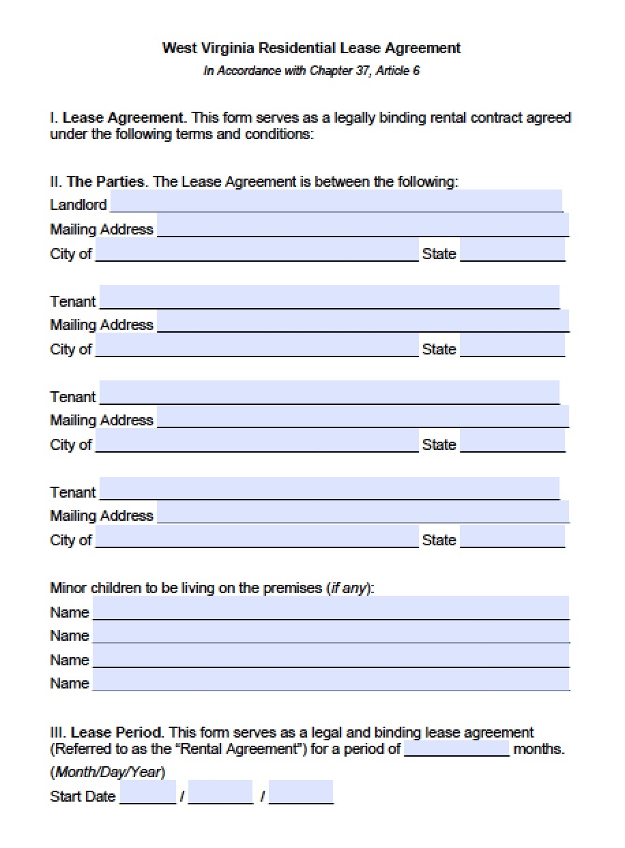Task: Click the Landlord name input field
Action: click(336, 202)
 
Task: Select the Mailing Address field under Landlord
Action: click(363, 226)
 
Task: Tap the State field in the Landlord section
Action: click(512, 251)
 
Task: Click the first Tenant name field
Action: click(330, 298)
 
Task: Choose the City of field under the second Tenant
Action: click(257, 442)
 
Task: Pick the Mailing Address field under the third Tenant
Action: click(363, 513)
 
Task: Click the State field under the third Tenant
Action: click(512, 537)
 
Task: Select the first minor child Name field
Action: click(331, 609)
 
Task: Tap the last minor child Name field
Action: click(331, 680)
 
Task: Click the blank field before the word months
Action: click(456, 749)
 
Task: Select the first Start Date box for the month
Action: click(147, 794)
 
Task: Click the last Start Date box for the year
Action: click(301, 794)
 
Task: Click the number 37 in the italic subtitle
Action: click(362, 70)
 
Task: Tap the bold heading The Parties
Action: click(105, 182)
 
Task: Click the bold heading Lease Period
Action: click(117, 733)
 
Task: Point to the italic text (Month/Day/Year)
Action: click(108, 772)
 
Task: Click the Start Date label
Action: click(83, 796)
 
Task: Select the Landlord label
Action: click(78, 205)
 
